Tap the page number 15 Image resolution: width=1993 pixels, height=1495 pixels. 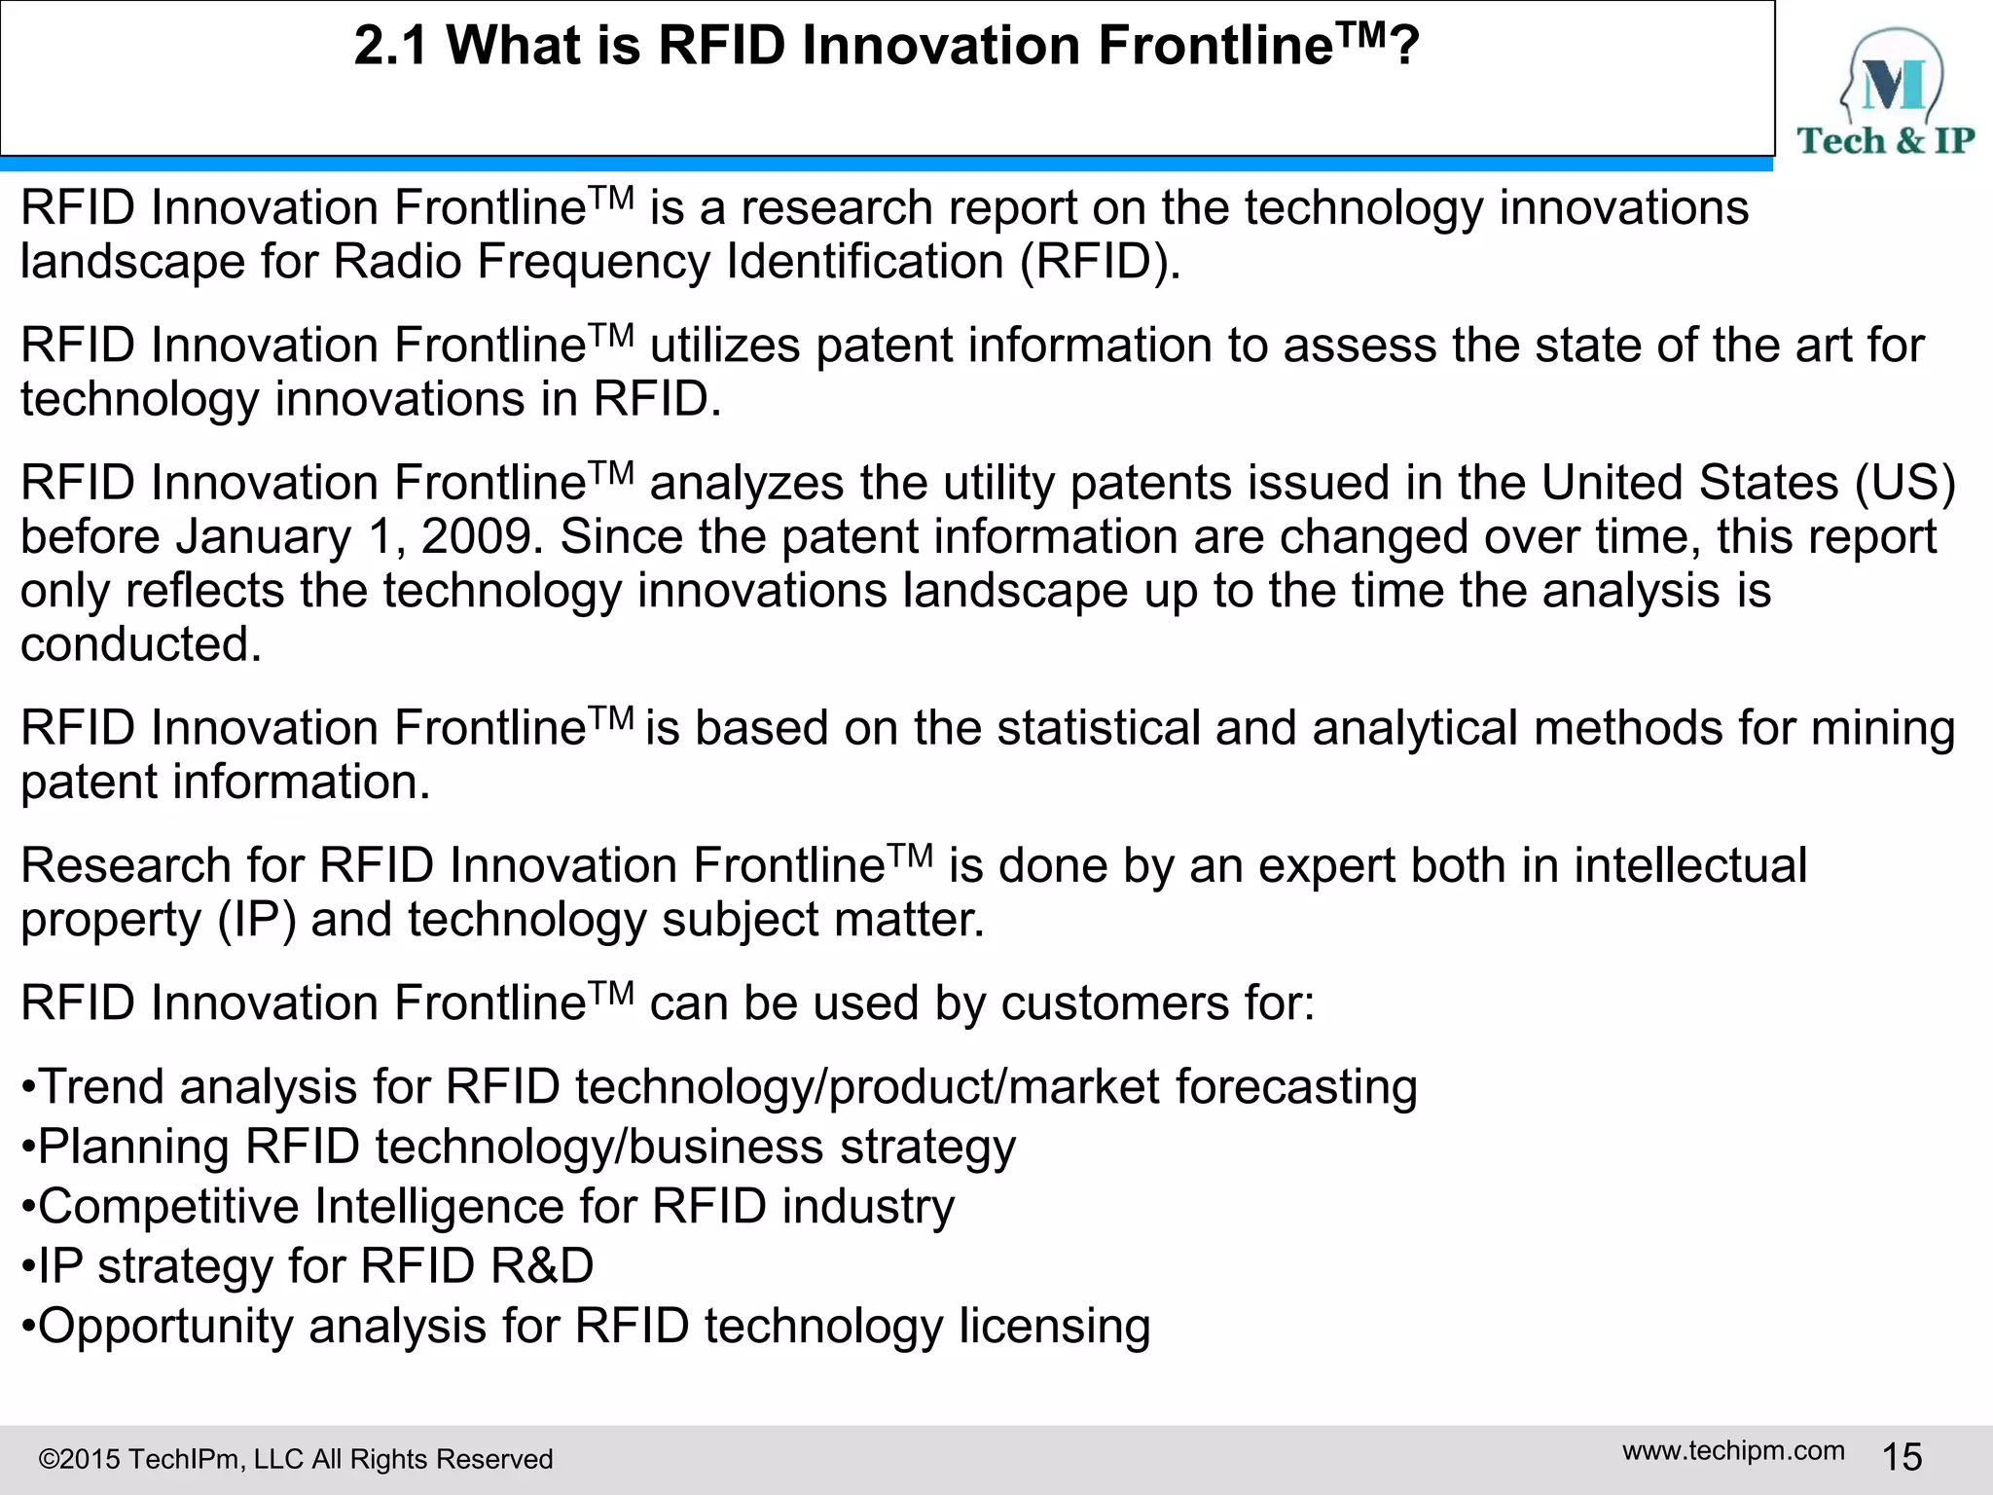pyautogui.click(x=1902, y=1457)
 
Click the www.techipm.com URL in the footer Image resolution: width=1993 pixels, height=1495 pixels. pyautogui.click(x=1733, y=1450)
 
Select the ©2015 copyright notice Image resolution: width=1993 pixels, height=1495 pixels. pyautogui.click(x=295, y=1459)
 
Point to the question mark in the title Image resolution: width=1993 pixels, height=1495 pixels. pyautogui.click(x=1404, y=46)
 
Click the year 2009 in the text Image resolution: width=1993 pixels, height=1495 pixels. pyautogui.click(x=477, y=537)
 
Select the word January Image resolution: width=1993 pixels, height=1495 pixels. pyautogui.click(x=263, y=537)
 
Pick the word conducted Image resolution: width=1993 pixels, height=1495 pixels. pyautogui.click(x=140, y=644)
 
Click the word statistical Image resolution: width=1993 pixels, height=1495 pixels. pyautogui.click(x=1099, y=729)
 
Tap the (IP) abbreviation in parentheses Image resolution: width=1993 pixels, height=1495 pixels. pyautogui.click(x=256, y=921)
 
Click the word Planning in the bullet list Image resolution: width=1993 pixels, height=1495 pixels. pyautogui.click(x=133, y=1148)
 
